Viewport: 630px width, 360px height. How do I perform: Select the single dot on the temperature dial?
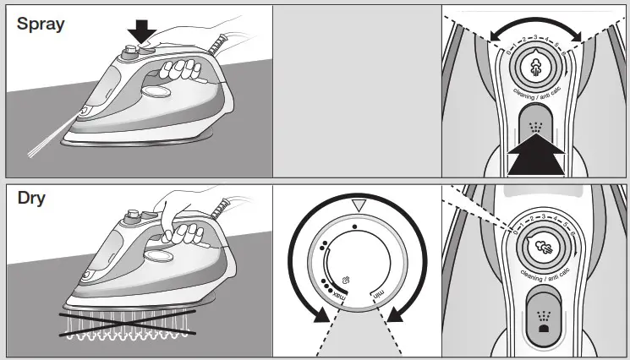pyautogui.click(x=355, y=227)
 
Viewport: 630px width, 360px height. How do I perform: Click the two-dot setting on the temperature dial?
pyautogui.click(x=323, y=246)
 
